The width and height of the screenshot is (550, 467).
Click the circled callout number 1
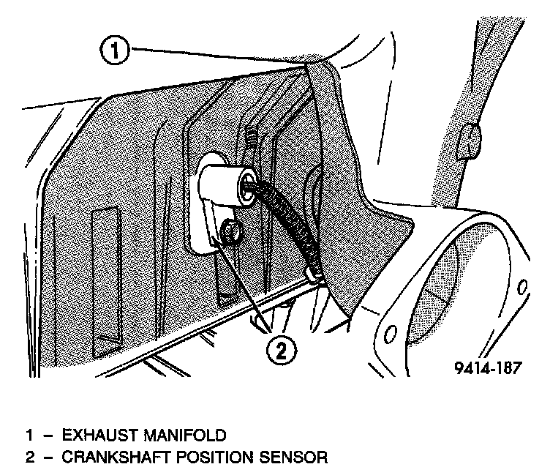pyautogui.click(x=114, y=51)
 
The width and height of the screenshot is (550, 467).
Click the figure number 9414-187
pyautogui.click(x=485, y=367)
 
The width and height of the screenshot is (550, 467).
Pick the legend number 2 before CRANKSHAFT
pyautogui.click(x=30, y=457)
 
